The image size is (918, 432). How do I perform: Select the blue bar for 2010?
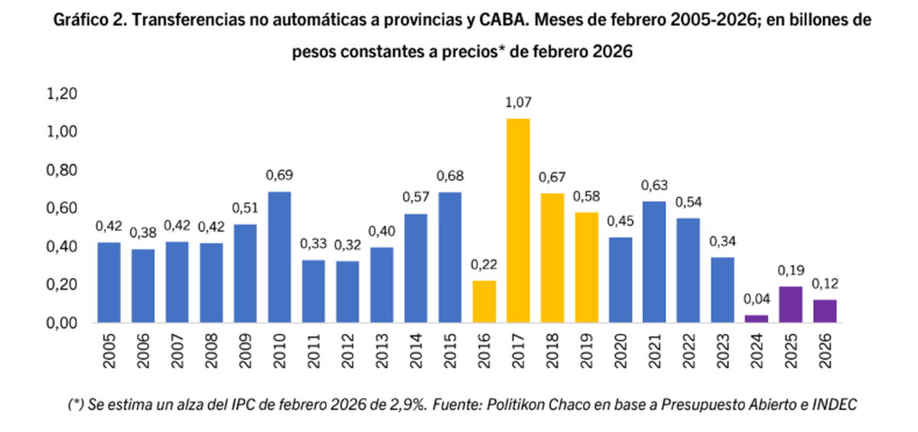(x=278, y=257)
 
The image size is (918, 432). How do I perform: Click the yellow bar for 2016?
(x=483, y=302)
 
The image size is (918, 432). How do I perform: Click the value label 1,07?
(x=518, y=103)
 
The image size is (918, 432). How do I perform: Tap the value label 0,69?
(x=278, y=175)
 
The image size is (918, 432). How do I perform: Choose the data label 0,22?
(x=483, y=265)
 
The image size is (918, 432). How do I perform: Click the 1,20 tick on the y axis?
(x=63, y=94)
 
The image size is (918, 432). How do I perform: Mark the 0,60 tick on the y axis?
(x=63, y=208)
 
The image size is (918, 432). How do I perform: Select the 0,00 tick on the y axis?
(x=63, y=322)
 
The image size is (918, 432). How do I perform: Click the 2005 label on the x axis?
(x=109, y=348)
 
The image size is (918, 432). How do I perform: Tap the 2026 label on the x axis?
(x=825, y=348)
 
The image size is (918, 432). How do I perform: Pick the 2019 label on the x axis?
(x=586, y=348)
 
